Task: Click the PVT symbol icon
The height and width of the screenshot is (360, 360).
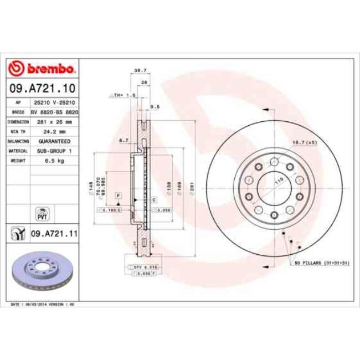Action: coord(42,213)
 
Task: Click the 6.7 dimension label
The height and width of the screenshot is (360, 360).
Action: coord(124,141)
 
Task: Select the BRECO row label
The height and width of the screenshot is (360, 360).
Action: coord(18,112)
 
